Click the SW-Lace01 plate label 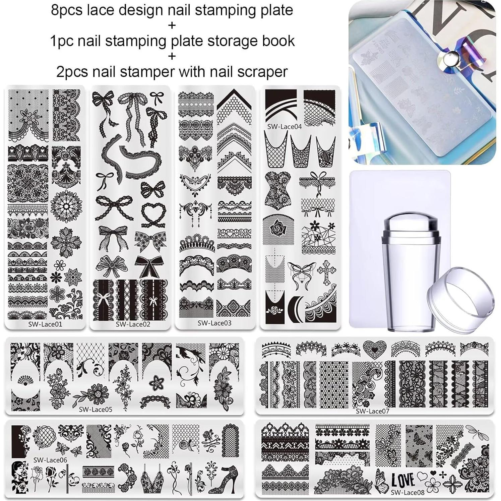click(x=45, y=324)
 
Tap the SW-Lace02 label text click(x=133, y=324)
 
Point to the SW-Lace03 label click(x=214, y=323)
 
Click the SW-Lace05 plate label click(x=96, y=409)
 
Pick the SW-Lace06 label click(x=50, y=460)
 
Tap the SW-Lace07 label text click(x=372, y=411)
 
